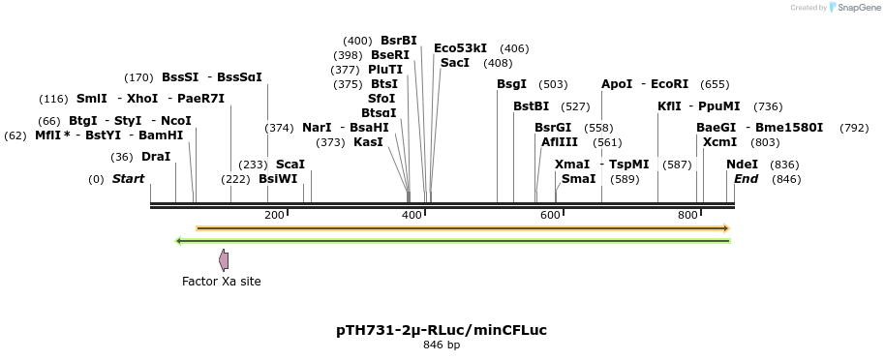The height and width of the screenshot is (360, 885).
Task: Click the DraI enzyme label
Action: [x=156, y=157]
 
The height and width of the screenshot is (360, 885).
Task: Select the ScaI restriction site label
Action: [x=290, y=165]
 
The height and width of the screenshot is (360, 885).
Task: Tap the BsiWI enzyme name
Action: [x=278, y=179]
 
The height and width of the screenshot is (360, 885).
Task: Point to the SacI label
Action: [x=455, y=63]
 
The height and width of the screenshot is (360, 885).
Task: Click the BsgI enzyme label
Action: [x=511, y=84]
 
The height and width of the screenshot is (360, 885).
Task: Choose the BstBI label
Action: [x=531, y=106]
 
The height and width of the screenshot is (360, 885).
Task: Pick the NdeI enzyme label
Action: [x=742, y=165]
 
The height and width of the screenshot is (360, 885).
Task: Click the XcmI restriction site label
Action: [x=719, y=142]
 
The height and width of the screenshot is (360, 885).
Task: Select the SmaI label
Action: [x=578, y=179]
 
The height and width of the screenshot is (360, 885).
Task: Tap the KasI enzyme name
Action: [x=368, y=142]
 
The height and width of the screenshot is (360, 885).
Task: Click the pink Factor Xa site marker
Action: [x=224, y=259]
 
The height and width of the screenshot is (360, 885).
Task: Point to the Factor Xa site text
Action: [x=222, y=282]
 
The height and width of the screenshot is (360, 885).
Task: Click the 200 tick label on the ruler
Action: [x=274, y=215]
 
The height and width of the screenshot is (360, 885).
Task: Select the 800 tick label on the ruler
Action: [x=687, y=215]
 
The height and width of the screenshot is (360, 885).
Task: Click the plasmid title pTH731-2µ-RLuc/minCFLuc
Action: [x=442, y=330]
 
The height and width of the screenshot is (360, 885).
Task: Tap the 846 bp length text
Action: [x=442, y=345]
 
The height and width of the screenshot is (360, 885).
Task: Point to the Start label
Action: [x=128, y=179]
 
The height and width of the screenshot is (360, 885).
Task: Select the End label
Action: [x=746, y=179]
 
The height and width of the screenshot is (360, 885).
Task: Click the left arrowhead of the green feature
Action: [x=178, y=241]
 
